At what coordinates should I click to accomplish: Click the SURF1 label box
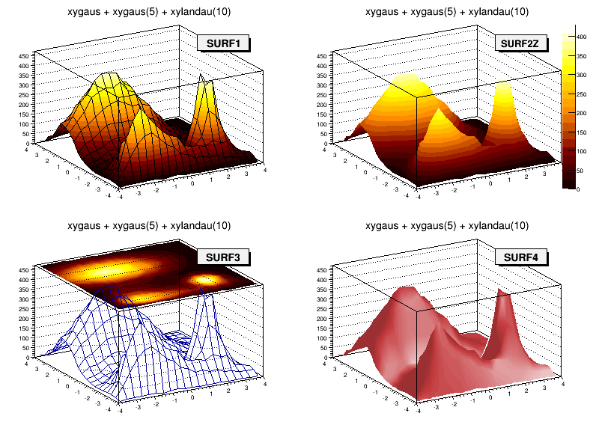coord(222,43)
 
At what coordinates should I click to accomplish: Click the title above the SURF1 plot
coord(149,11)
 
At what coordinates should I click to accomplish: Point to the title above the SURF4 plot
coord(447,226)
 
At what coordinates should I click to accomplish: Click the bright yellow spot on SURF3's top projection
coord(203,279)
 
